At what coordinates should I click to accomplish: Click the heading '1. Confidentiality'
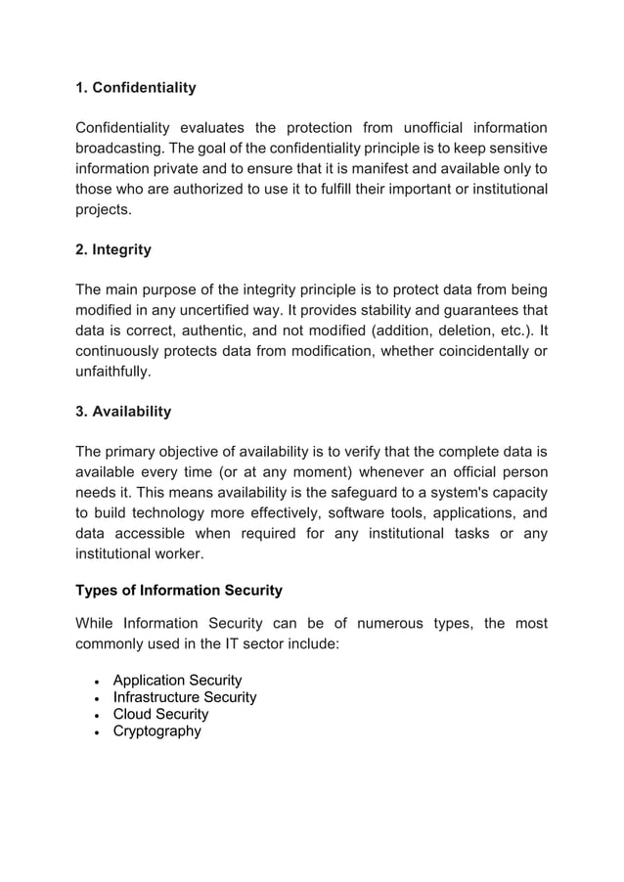click(136, 88)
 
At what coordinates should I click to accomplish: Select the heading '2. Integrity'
click(113, 249)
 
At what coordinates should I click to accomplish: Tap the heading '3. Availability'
click(123, 412)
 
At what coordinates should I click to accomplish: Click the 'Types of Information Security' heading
click(179, 590)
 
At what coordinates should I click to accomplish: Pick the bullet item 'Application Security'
click(177, 680)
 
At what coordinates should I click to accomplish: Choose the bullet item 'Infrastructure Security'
click(185, 697)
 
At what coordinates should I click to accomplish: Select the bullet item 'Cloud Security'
click(160, 714)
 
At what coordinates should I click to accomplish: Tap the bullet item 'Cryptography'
click(156, 730)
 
